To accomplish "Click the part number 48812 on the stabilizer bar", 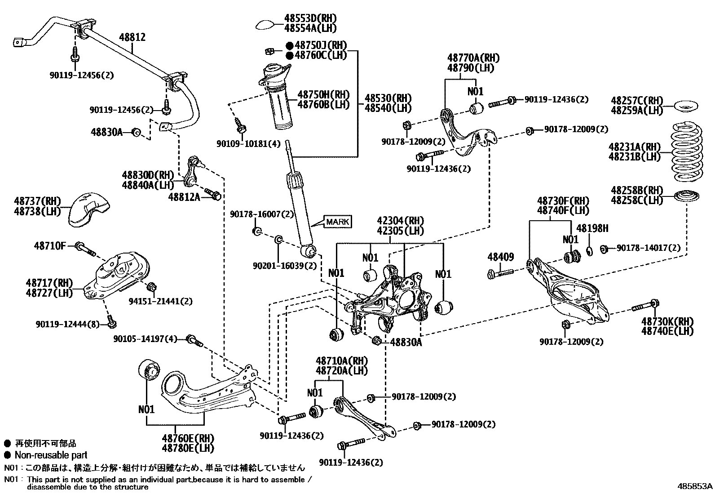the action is (x=132, y=37).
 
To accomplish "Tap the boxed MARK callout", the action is (x=338, y=222).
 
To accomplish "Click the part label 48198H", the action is (x=592, y=228).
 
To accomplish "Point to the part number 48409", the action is (x=501, y=257).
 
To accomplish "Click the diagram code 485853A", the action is (x=695, y=486).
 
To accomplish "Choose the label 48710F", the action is (x=50, y=246).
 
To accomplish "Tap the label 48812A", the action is (x=184, y=197).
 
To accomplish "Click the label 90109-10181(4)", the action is (x=249, y=144).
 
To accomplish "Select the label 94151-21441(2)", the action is (x=160, y=301).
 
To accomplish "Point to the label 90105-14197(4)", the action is (x=145, y=339).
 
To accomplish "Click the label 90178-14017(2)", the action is (x=648, y=248).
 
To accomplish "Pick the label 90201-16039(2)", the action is (x=285, y=266).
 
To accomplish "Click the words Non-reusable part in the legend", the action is (x=51, y=455).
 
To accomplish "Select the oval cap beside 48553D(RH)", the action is (x=265, y=25).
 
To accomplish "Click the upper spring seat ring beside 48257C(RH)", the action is (x=686, y=106).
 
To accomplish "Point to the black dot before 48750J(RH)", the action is (x=290, y=46).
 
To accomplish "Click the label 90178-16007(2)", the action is (x=262, y=214).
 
